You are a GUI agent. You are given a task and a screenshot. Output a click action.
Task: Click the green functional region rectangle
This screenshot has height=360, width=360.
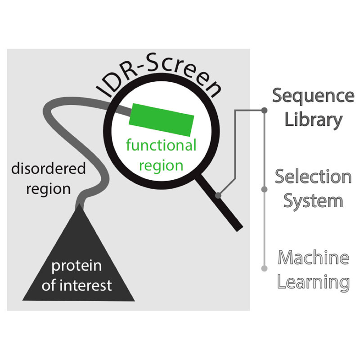(162, 119)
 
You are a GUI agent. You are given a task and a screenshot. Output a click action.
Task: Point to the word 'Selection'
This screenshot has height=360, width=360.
(313, 176)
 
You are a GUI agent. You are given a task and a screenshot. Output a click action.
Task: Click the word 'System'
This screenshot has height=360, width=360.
(313, 200)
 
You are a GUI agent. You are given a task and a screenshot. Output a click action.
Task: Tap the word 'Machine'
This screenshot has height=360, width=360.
(313, 258)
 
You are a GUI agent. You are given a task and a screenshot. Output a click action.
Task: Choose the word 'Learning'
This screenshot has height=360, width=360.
(313, 282)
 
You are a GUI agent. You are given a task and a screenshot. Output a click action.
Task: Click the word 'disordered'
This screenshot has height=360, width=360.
(48, 169)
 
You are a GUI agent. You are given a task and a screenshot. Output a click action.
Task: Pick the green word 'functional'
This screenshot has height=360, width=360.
(161, 145)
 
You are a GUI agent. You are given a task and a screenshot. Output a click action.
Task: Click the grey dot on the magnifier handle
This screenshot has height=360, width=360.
(218, 195)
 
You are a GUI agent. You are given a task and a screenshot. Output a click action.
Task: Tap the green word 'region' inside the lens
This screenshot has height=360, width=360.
(161, 165)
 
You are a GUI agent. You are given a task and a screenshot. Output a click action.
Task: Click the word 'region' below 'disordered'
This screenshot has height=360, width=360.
(48, 189)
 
